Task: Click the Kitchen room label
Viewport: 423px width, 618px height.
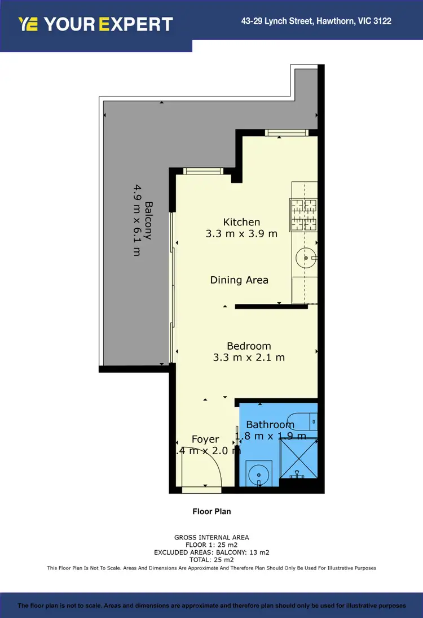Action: [241, 222]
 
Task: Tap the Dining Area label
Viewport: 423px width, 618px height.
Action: [239, 280]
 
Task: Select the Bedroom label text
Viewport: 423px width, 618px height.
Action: [249, 346]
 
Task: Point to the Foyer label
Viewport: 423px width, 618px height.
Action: [205, 439]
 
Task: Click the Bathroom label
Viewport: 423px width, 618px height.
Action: [270, 425]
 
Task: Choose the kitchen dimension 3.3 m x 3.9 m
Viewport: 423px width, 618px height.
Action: [241, 233]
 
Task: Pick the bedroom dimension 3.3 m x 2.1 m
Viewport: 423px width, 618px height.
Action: [249, 357]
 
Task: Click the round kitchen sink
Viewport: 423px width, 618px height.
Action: [306, 258]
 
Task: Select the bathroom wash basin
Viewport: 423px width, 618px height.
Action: [259, 472]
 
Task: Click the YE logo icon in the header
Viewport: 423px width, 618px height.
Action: [28, 24]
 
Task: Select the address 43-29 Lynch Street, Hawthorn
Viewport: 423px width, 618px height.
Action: [316, 21]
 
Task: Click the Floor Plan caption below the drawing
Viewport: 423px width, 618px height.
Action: [211, 511]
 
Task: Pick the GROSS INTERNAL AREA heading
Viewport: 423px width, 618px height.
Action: [211, 537]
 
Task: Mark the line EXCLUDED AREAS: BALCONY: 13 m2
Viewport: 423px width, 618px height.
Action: [211, 552]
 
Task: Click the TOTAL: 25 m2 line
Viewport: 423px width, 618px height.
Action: [211, 559]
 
